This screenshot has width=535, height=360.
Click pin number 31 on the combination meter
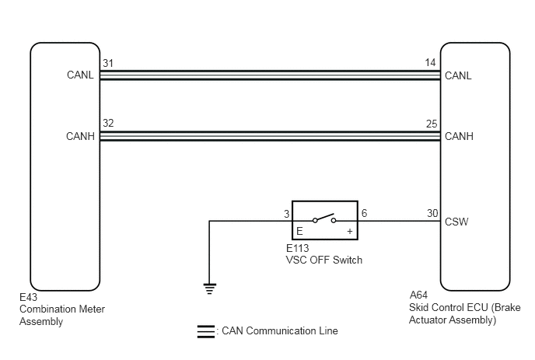click(x=108, y=63)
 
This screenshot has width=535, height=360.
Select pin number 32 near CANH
click(x=108, y=123)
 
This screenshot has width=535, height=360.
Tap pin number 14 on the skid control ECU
click(x=430, y=63)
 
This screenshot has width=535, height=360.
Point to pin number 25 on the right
click(x=432, y=124)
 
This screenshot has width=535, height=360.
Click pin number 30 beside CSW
click(x=432, y=213)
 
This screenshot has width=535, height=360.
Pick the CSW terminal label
click(x=456, y=222)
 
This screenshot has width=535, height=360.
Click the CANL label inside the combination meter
click(x=80, y=75)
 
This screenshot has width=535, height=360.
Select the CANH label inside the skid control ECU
click(x=459, y=137)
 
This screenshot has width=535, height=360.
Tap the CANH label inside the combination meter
click(x=80, y=137)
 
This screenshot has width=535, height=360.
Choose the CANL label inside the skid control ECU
click(x=458, y=75)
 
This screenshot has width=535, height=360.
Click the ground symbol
click(x=210, y=288)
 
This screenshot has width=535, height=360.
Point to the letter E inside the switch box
click(x=299, y=232)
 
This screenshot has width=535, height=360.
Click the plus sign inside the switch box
click(x=350, y=232)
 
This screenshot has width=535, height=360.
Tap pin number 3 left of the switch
click(x=287, y=214)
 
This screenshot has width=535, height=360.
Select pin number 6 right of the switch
click(x=364, y=213)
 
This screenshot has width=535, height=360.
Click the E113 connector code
click(x=298, y=248)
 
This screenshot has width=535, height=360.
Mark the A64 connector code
click(x=418, y=295)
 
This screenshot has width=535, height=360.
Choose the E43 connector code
click(x=28, y=297)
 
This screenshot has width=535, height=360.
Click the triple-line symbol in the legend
click(x=206, y=332)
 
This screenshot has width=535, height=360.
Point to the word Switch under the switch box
click(x=348, y=260)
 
